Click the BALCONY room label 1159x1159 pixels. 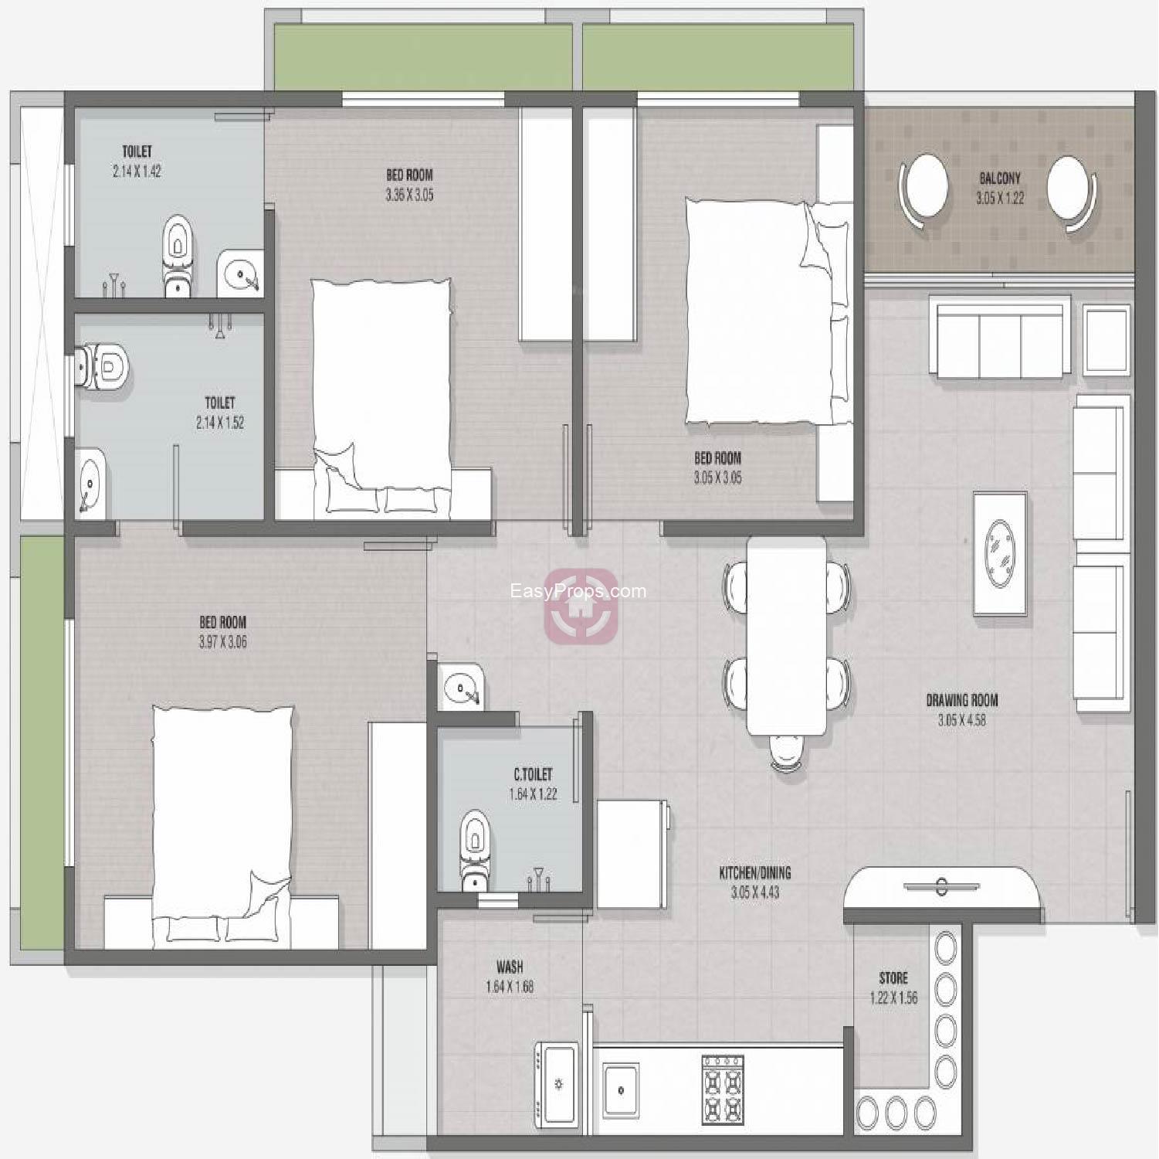(999, 178)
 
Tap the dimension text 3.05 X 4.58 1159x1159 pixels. (961, 721)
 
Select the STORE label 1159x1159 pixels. (893, 978)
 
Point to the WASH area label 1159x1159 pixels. (510, 967)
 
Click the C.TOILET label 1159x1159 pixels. (533, 774)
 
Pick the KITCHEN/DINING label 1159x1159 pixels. (755, 873)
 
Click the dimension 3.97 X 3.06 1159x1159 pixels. (222, 642)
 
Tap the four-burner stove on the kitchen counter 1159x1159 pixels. (723, 1089)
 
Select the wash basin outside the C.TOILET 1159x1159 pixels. (462, 686)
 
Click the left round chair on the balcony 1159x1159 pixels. (923, 190)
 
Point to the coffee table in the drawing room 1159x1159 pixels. (1000, 553)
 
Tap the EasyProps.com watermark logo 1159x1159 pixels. (581, 607)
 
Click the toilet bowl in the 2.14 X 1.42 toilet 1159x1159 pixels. (178, 256)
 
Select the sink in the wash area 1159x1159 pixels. (557, 1083)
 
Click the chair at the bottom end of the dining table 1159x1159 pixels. (786, 752)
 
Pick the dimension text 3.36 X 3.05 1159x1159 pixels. (409, 195)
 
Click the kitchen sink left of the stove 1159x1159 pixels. (621, 1090)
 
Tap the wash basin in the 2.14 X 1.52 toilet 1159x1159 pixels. (91, 480)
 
